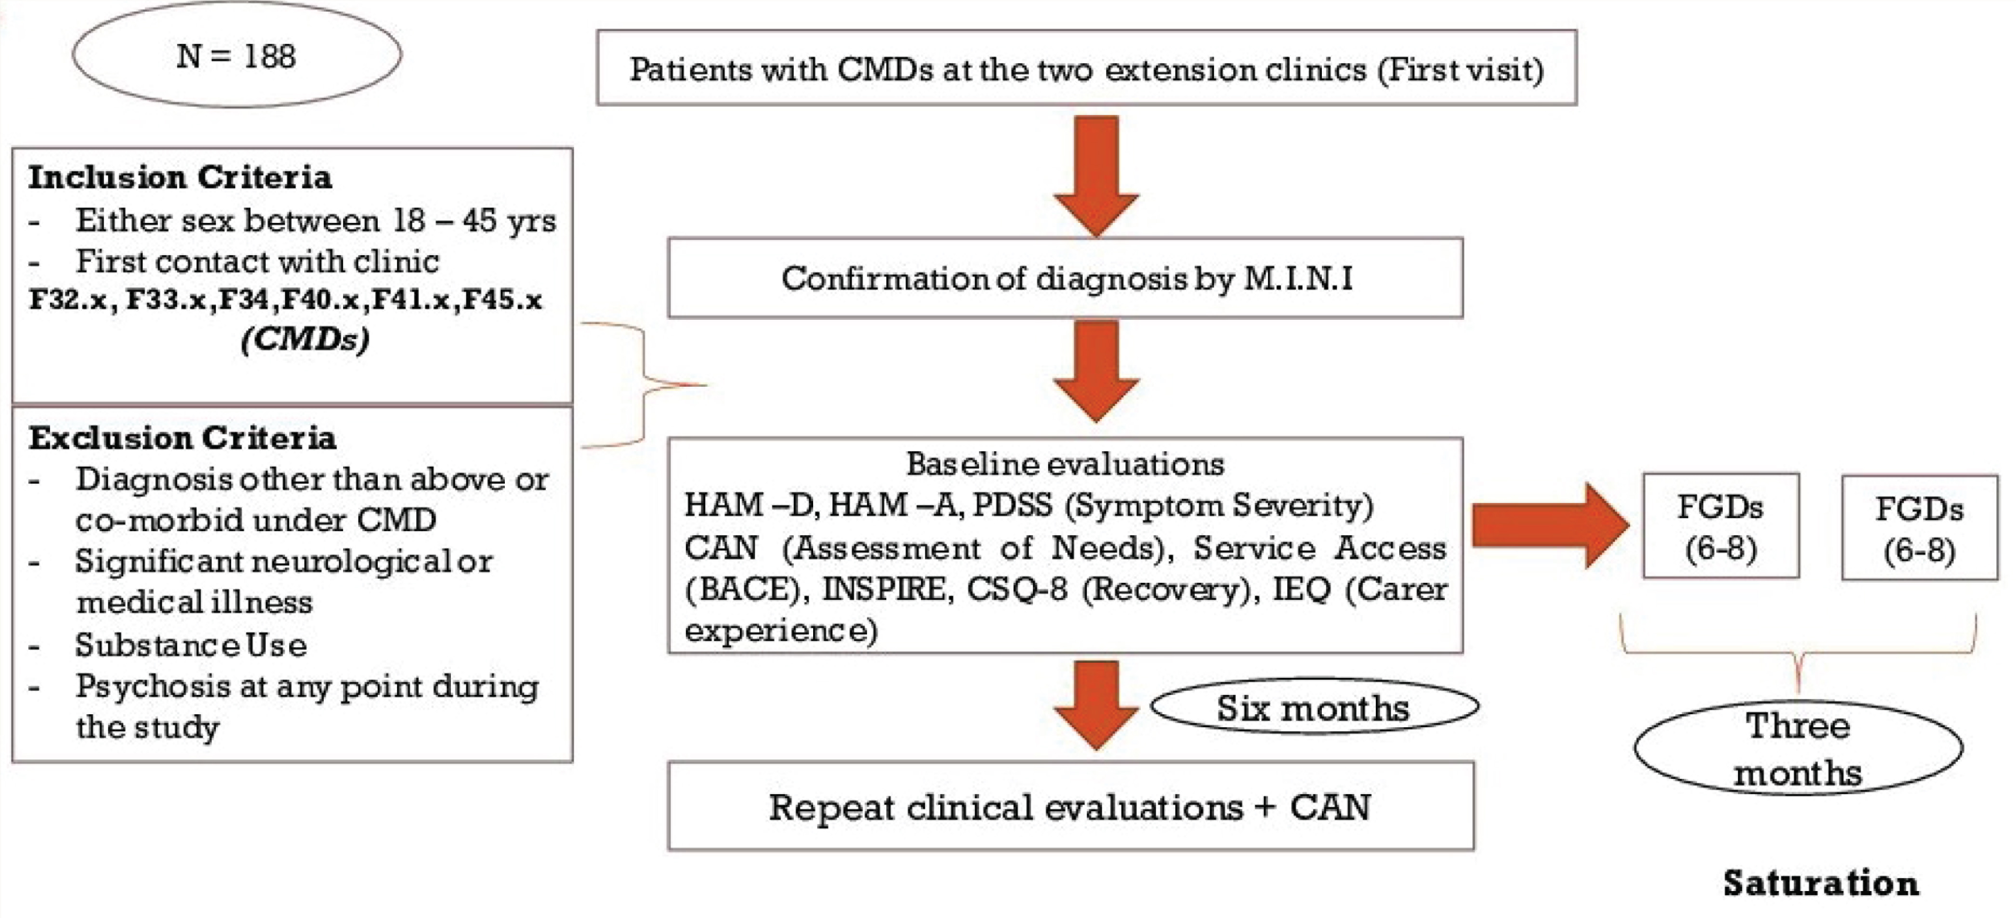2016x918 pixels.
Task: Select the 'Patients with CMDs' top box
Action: (x=1086, y=68)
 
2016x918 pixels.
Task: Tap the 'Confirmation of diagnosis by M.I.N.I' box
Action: (x=1065, y=278)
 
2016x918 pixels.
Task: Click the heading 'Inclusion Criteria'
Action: (x=180, y=178)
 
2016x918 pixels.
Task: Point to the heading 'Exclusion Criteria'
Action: (x=183, y=437)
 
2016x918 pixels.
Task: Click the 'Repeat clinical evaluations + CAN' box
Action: (x=1070, y=806)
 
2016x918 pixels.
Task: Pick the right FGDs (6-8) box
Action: (x=1920, y=527)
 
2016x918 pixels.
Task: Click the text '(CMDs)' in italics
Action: (x=305, y=340)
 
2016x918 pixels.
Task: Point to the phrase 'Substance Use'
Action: (x=191, y=645)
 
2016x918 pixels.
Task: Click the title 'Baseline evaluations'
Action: (x=1065, y=464)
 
